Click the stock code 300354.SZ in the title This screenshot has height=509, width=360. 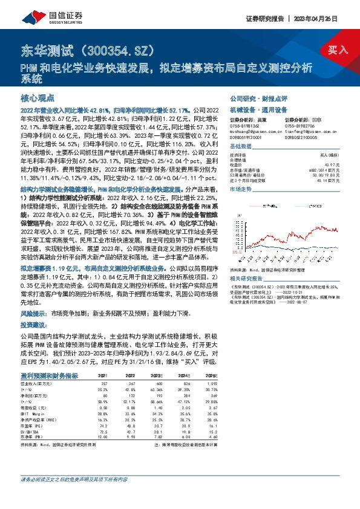118,50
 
